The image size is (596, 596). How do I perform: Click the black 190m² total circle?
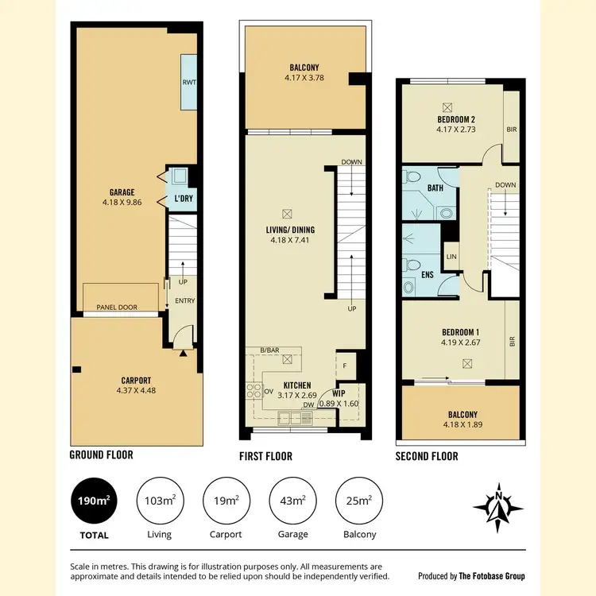point(93,501)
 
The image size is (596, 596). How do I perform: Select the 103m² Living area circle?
point(160,501)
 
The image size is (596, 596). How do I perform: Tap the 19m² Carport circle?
point(226,501)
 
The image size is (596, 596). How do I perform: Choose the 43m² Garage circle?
point(293,501)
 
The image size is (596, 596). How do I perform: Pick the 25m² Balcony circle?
point(359,501)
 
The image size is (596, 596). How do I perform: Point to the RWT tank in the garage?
point(189,82)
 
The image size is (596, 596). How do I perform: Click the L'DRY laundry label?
point(184,199)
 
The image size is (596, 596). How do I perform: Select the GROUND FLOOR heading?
point(102,455)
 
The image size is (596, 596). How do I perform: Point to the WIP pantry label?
point(338,393)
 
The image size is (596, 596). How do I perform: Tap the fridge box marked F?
point(345,366)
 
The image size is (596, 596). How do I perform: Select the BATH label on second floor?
point(435,188)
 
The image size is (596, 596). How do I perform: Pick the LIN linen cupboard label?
point(451,256)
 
